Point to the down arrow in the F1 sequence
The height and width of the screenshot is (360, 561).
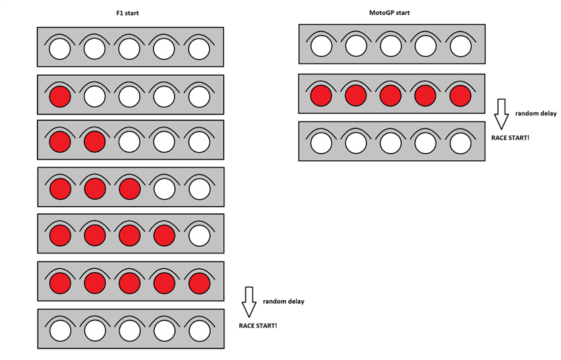(249, 302)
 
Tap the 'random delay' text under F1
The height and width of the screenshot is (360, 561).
(284, 301)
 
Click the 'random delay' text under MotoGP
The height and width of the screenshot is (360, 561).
(536, 113)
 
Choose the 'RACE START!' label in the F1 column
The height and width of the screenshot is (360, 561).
(258, 325)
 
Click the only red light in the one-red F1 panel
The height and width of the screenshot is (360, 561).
(60, 97)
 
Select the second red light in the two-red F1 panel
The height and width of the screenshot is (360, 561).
(94, 142)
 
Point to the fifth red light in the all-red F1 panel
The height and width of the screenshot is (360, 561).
(199, 283)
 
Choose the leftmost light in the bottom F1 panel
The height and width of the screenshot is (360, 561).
(60, 331)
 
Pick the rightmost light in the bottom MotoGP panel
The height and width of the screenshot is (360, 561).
(460, 143)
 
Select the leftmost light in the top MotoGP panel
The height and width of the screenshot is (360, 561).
(322, 46)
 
